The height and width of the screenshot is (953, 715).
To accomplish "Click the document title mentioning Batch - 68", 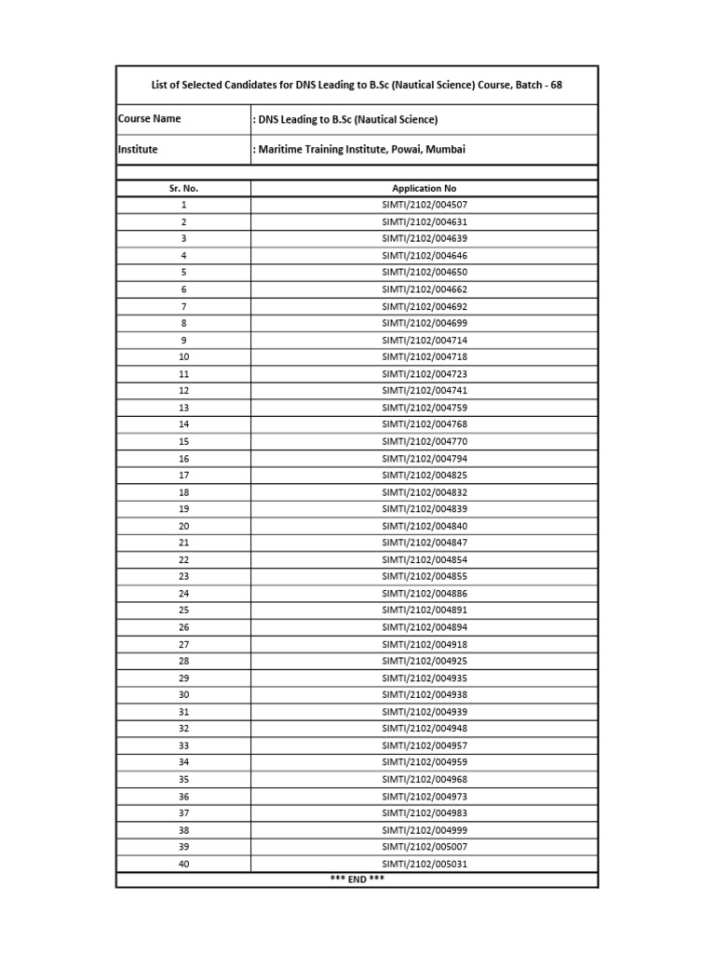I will click(x=357, y=85).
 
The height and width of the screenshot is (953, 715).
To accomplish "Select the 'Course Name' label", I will click(x=150, y=119).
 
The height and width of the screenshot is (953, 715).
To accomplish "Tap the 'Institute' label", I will click(x=138, y=149).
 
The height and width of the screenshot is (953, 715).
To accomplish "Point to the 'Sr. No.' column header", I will click(x=183, y=188).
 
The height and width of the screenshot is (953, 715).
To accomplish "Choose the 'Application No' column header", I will click(x=425, y=188).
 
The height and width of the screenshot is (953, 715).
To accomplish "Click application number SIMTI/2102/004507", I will click(x=425, y=205).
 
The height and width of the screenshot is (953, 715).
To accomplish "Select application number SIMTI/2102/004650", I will click(x=425, y=273).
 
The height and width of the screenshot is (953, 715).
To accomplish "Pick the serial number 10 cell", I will click(x=183, y=356).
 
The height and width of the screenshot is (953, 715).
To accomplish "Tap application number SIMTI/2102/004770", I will click(x=425, y=441).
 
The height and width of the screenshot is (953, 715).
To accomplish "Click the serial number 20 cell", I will click(x=183, y=526).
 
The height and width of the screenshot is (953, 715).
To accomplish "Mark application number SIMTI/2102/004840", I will click(x=425, y=526).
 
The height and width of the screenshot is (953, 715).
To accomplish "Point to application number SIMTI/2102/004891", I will click(x=425, y=611).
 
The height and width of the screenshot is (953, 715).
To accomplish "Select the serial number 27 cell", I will click(x=183, y=644).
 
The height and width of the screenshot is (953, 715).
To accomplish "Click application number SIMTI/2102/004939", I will click(x=425, y=712).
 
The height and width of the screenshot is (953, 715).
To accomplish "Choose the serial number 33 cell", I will click(x=183, y=745).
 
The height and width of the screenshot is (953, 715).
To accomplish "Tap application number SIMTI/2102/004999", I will click(x=425, y=830).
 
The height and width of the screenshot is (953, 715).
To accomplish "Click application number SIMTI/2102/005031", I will click(x=425, y=864).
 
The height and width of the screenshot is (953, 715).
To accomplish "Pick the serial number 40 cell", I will click(x=183, y=864).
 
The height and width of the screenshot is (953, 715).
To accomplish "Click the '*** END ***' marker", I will click(x=357, y=879).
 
